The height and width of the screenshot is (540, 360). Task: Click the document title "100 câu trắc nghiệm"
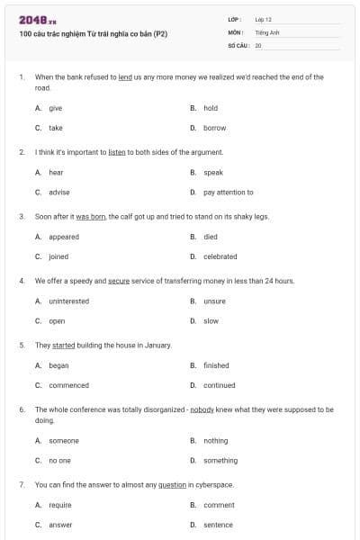click(x=93, y=34)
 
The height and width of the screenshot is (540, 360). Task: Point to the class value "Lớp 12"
click(x=264, y=19)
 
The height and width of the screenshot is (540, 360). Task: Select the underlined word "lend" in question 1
click(x=125, y=77)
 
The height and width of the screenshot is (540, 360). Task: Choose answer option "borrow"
click(x=215, y=128)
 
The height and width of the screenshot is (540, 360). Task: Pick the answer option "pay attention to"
click(x=229, y=192)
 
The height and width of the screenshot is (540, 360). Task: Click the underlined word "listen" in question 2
click(x=116, y=152)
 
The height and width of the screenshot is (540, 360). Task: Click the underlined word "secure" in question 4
click(x=119, y=281)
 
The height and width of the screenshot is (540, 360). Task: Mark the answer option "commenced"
click(x=69, y=385)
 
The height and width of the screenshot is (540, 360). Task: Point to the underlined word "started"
click(x=64, y=345)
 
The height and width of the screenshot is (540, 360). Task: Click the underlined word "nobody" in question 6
click(x=202, y=409)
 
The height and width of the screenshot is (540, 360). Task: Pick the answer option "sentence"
click(x=218, y=525)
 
